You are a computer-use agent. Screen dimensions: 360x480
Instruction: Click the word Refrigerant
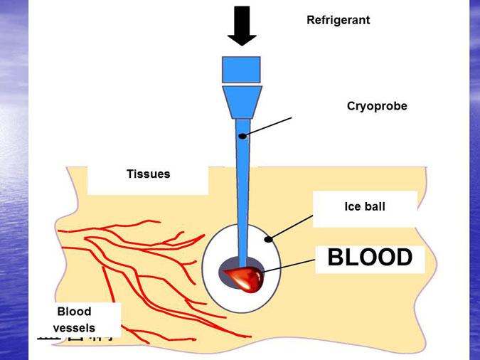[x=338, y=20]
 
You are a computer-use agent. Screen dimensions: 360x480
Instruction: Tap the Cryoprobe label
[x=376, y=106]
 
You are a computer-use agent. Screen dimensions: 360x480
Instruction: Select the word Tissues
[x=148, y=174]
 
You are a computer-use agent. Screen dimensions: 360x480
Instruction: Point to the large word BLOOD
[x=370, y=258]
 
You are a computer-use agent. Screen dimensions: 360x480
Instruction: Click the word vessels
[x=74, y=328]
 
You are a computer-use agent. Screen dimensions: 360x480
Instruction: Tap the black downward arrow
[x=242, y=25]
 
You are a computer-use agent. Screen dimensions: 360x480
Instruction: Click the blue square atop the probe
[x=242, y=69]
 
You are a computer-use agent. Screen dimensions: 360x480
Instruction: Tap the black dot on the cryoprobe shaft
[x=242, y=136]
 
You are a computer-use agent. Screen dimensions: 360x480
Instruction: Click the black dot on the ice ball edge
[x=268, y=240]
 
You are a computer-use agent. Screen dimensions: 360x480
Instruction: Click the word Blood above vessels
[x=74, y=312]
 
